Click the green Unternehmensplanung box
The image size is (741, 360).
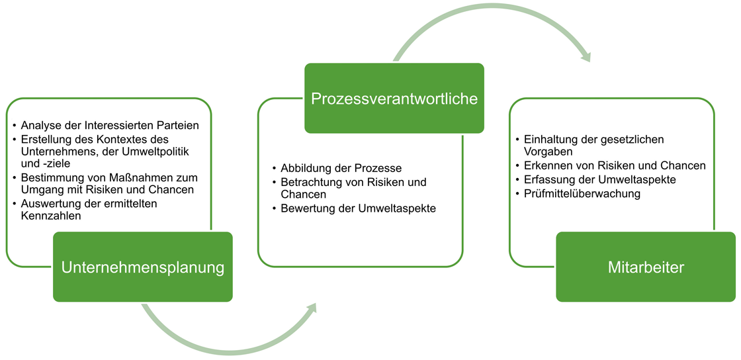click(x=143, y=267)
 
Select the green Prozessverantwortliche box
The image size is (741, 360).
click(x=394, y=98)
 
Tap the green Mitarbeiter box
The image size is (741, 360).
click(x=646, y=267)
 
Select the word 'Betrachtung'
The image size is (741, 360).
click(x=306, y=181)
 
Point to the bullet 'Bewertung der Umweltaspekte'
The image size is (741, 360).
click(x=355, y=208)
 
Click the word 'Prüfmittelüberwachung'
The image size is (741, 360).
click(x=582, y=193)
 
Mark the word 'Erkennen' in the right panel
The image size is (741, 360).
click(x=543, y=166)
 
